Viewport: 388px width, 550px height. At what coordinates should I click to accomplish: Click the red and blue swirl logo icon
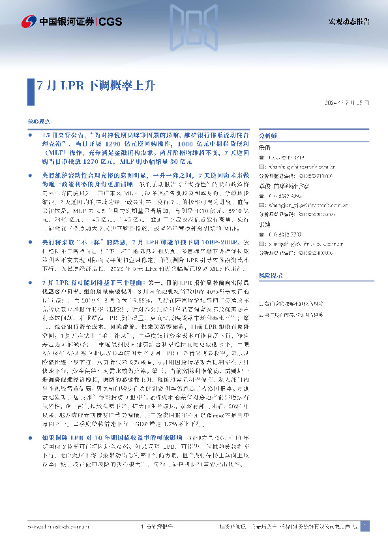point(29,22)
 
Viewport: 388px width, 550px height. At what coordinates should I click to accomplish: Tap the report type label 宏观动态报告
point(348,22)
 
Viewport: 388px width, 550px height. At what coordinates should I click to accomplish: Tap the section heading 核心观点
point(37,123)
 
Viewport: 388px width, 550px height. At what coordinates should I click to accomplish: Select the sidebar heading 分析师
point(269,136)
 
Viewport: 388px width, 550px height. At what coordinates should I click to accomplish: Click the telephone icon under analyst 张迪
point(263,231)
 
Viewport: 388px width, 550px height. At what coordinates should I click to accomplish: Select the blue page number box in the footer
point(365,526)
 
